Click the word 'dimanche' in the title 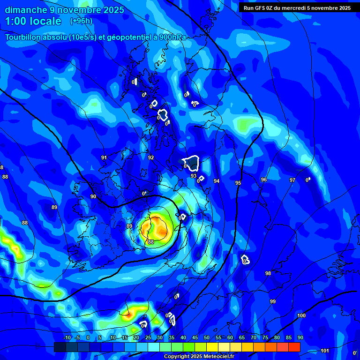(25, 10)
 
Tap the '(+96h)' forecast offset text (81, 21)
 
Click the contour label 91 (104, 158)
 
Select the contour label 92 (151, 158)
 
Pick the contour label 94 (217, 181)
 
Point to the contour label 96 (264, 180)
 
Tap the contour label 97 (292, 180)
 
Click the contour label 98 (268, 273)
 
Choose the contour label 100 (301, 316)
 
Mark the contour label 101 (324, 351)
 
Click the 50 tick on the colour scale (207, 337)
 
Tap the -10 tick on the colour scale (67, 337)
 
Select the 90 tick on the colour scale (300, 337)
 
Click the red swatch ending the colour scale (294, 347)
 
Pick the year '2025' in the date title (113, 10)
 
